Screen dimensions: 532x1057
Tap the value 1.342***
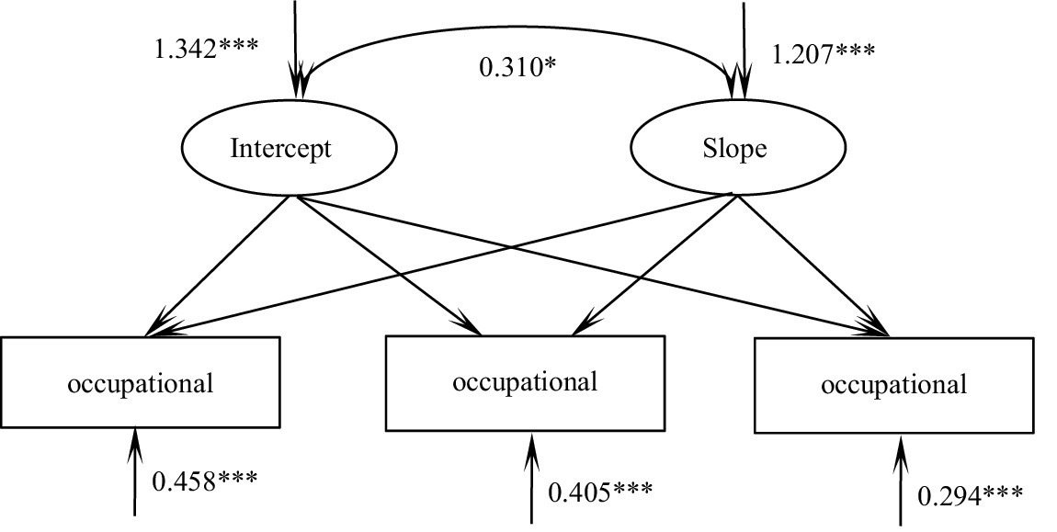click(x=206, y=47)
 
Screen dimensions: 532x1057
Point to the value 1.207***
click(x=824, y=54)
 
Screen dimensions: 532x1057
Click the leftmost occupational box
click(x=140, y=381)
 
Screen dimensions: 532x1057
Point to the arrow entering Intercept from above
click(x=294, y=46)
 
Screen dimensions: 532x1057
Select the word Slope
click(x=733, y=148)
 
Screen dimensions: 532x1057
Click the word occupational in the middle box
click(x=525, y=380)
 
